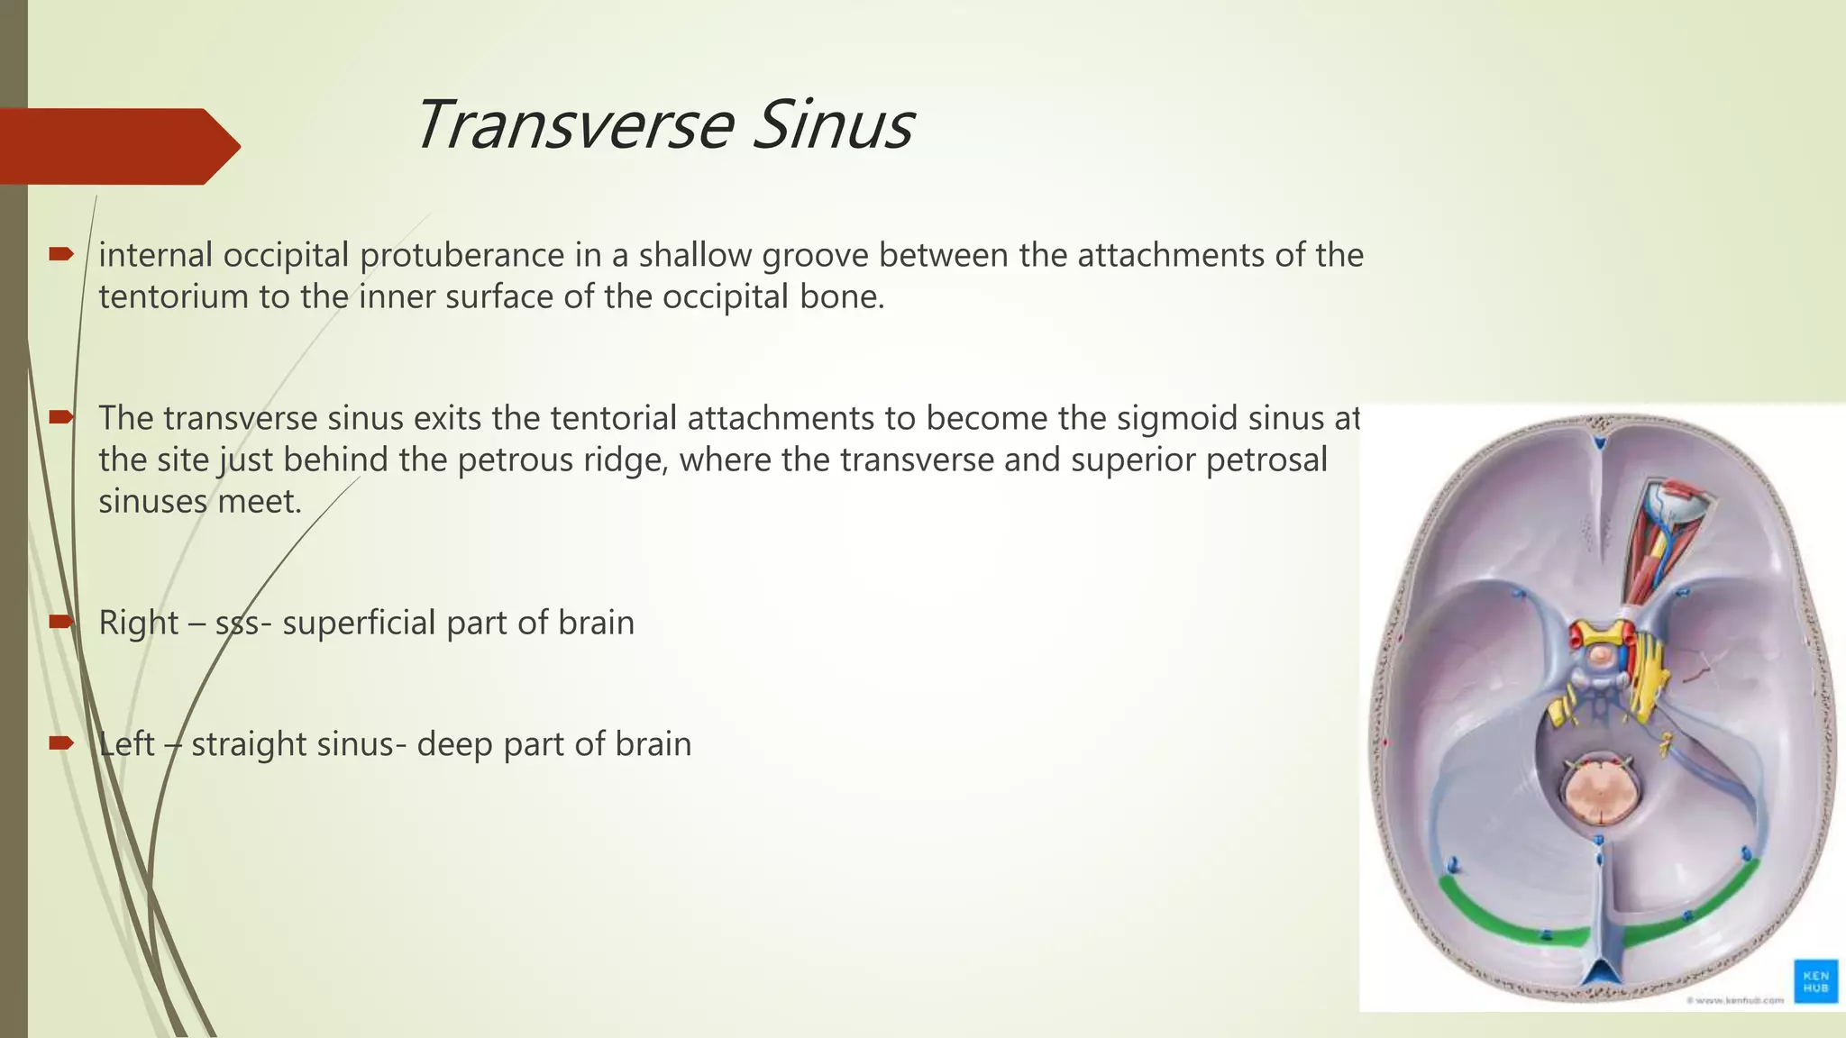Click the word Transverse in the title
[x=572, y=125]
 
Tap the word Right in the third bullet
[x=138, y=623]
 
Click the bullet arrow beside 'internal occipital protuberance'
[x=60, y=255]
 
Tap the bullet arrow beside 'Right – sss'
[x=60, y=622]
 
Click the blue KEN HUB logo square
[x=1815, y=981]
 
